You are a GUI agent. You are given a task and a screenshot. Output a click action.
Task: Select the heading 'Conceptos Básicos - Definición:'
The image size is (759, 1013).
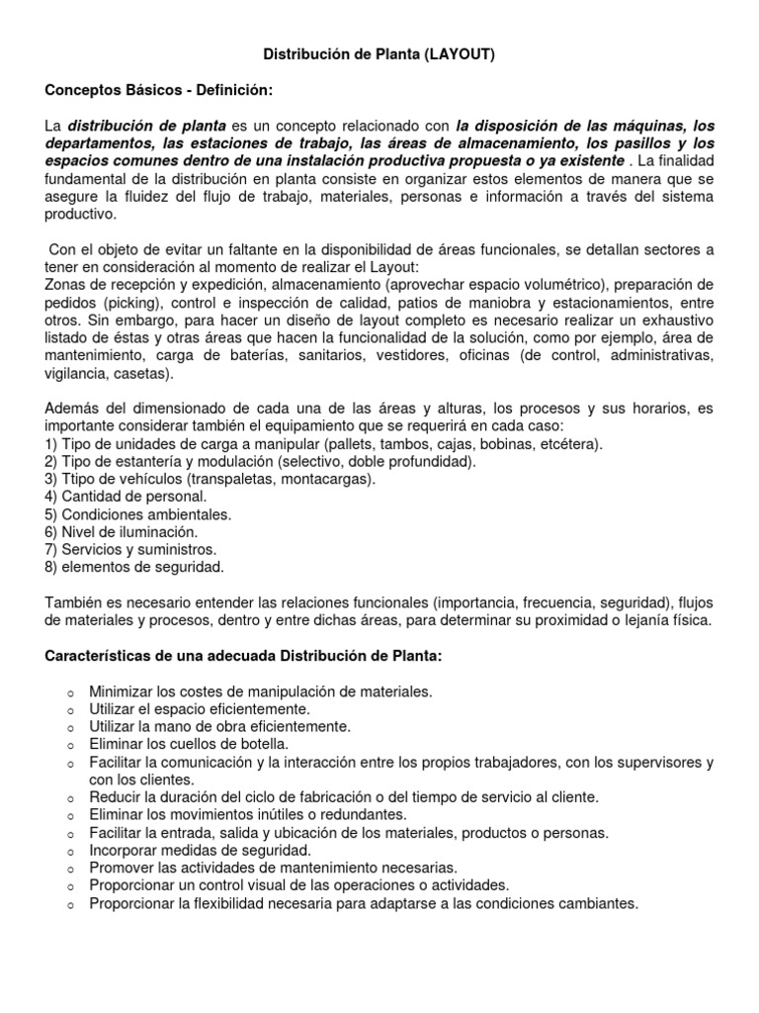pos(158,91)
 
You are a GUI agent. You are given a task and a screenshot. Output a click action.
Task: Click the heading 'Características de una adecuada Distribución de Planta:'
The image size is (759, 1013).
pos(244,656)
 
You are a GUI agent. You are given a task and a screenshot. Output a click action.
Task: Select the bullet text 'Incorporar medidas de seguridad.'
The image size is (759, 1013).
pos(201,850)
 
